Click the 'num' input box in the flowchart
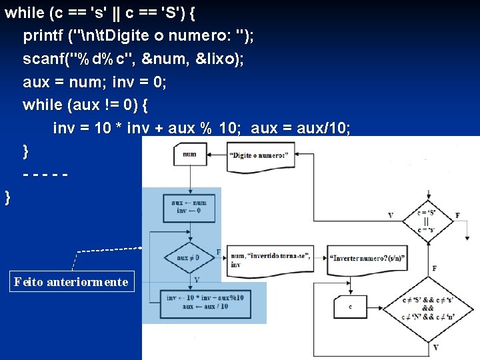pyautogui.click(x=190, y=155)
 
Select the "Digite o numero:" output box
pyautogui.click(x=261, y=155)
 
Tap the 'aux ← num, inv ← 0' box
pyautogui.click(x=189, y=207)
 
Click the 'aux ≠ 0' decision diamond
pyautogui.click(x=189, y=257)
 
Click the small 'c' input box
pyautogui.click(x=350, y=307)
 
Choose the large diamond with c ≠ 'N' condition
pyautogui.click(x=427, y=309)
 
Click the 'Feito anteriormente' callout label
pyautogui.click(x=71, y=282)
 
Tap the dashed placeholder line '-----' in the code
pyautogui.click(x=46, y=175)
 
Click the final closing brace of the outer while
pyautogui.click(x=7, y=197)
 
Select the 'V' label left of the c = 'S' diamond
pyautogui.click(x=391, y=215)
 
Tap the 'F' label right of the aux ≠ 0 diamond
pyautogui.click(x=219, y=252)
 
